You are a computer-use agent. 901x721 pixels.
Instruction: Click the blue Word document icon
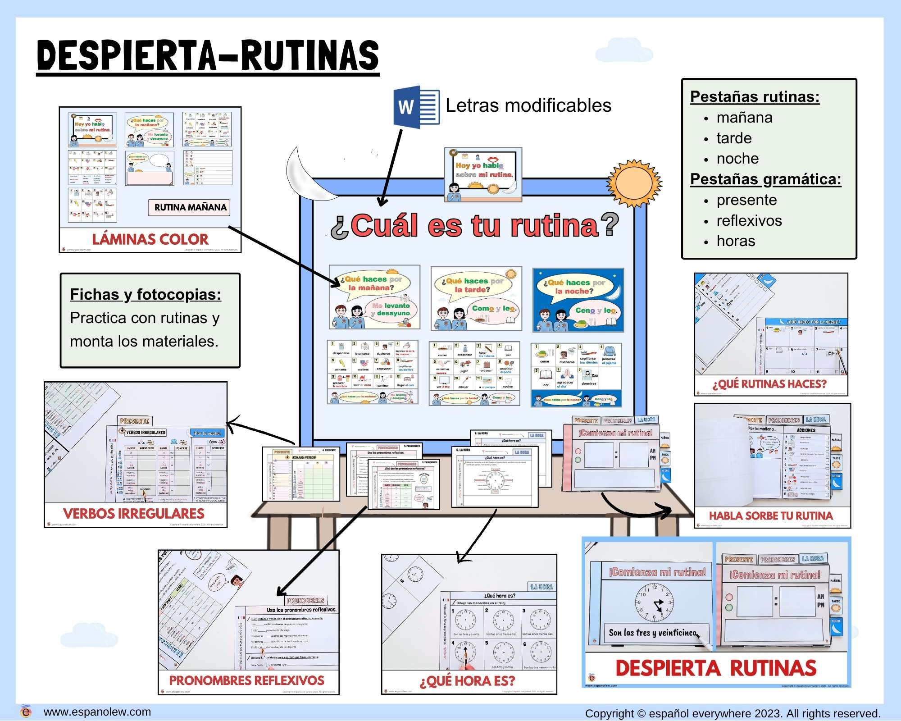[x=416, y=107]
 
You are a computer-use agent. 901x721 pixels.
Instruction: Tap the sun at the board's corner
[x=634, y=183]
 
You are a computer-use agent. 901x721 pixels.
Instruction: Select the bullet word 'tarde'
[x=734, y=138]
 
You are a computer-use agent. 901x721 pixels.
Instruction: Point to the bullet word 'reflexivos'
[x=749, y=220]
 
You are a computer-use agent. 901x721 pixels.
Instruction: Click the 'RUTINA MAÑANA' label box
[x=190, y=207]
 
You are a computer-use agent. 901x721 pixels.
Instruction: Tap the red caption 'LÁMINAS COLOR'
[x=150, y=239]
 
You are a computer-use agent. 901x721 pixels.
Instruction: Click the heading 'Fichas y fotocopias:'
[x=146, y=294]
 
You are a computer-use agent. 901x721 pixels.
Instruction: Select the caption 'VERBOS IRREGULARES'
[x=133, y=513]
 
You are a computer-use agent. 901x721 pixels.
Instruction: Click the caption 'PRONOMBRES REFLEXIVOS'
[x=246, y=680]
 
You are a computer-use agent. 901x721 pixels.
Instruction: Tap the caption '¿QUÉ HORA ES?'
[x=467, y=681]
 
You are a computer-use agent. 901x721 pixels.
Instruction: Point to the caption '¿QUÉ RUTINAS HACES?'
[x=769, y=384]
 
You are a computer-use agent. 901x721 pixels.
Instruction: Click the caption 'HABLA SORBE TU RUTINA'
[x=771, y=516]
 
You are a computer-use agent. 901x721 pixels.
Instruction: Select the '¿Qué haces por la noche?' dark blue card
[x=578, y=300]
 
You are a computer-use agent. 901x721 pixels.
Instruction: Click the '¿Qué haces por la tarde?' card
[x=476, y=298]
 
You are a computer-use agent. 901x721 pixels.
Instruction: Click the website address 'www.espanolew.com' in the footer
[x=97, y=712]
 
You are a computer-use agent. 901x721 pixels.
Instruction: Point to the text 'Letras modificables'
[x=528, y=105]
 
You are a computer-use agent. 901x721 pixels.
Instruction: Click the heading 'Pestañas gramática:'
[x=765, y=179]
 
